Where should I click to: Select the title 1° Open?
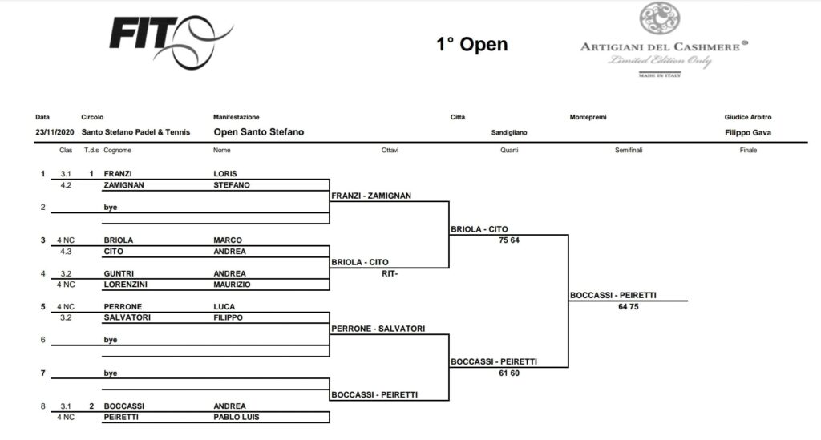(x=471, y=44)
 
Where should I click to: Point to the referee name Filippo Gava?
(x=747, y=132)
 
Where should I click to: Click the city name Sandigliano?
(x=508, y=132)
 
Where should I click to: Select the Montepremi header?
(x=588, y=117)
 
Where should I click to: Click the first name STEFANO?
(x=232, y=184)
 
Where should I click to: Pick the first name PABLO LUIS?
(x=237, y=417)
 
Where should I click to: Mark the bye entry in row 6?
(x=111, y=340)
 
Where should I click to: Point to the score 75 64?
(x=508, y=240)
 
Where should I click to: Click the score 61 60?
(x=508, y=373)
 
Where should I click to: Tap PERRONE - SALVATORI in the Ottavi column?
(x=378, y=328)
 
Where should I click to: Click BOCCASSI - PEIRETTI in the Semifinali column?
(x=613, y=295)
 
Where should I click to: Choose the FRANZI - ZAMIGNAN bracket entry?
(x=371, y=195)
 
